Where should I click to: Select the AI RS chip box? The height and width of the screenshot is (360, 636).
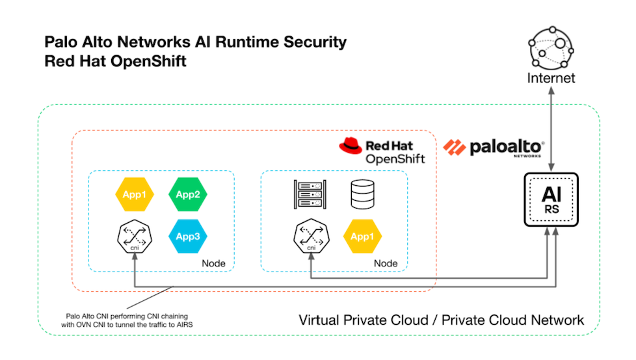point(551,199)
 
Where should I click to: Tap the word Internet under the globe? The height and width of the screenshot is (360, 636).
point(551,79)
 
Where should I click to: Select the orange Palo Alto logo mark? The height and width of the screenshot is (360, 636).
point(455,147)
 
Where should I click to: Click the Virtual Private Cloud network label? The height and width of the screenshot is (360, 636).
point(441,320)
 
